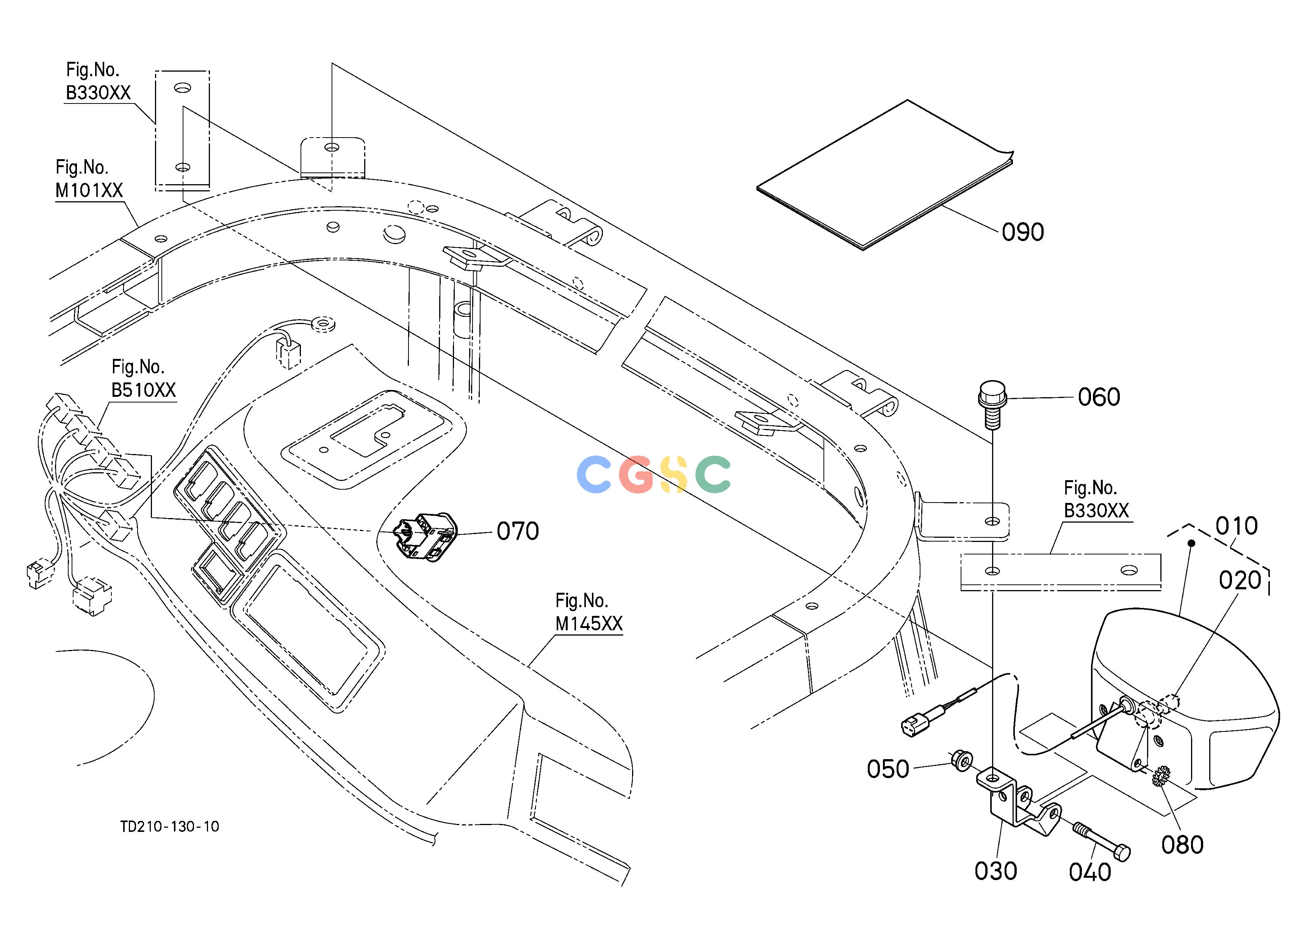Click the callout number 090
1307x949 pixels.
pos(1023,232)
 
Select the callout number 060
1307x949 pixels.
pos(1099,397)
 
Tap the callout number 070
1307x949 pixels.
pos(518,531)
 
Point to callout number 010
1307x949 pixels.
pos(1237,526)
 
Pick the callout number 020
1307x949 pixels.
pos(1240,580)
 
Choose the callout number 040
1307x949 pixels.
pos(1090,872)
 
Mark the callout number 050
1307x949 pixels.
pos(888,769)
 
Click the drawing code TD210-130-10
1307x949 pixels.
pos(169,827)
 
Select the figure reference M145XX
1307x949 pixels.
pos(589,624)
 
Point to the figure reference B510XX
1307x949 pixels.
pos(144,390)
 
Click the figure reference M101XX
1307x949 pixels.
pos(89,190)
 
